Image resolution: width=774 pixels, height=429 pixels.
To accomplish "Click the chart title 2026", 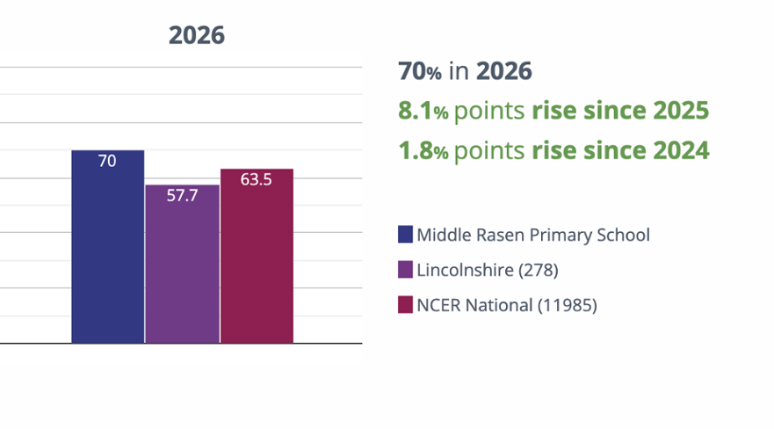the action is [197, 35].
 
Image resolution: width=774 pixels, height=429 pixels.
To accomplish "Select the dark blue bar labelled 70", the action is [107, 246].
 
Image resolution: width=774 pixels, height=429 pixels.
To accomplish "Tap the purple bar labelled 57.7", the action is [182, 264].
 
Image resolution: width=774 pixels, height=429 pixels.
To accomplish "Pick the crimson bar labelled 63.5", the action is [257, 256].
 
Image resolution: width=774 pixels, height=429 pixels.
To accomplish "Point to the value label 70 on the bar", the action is [107, 161].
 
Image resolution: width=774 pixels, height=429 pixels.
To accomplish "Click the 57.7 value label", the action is [182, 195].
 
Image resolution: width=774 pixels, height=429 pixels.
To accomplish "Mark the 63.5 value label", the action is [257, 179].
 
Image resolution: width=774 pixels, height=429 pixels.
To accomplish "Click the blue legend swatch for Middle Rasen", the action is [405, 235].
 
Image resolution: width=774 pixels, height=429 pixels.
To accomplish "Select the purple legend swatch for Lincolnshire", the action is [405, 270].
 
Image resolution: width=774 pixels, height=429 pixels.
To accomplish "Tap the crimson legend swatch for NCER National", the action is [405, 304].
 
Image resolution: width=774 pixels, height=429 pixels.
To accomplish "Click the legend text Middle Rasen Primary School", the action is [533, 235].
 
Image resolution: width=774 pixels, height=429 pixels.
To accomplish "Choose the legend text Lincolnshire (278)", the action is [488, 270].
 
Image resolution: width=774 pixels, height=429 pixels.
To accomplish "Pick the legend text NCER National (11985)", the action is [507, 305].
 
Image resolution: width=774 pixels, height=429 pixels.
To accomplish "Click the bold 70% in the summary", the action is [420, 71].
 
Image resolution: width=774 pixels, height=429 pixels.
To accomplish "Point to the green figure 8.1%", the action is [423, 111].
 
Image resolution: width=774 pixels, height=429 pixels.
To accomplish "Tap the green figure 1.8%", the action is [423, 150].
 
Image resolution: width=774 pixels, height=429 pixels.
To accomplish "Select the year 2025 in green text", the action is [681, 111].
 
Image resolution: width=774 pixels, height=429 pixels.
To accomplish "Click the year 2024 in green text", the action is [681, 150].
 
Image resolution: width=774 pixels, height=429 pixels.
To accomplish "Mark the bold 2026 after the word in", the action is [504, 71].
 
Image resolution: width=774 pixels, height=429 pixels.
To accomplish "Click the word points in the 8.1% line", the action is [489, 112].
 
